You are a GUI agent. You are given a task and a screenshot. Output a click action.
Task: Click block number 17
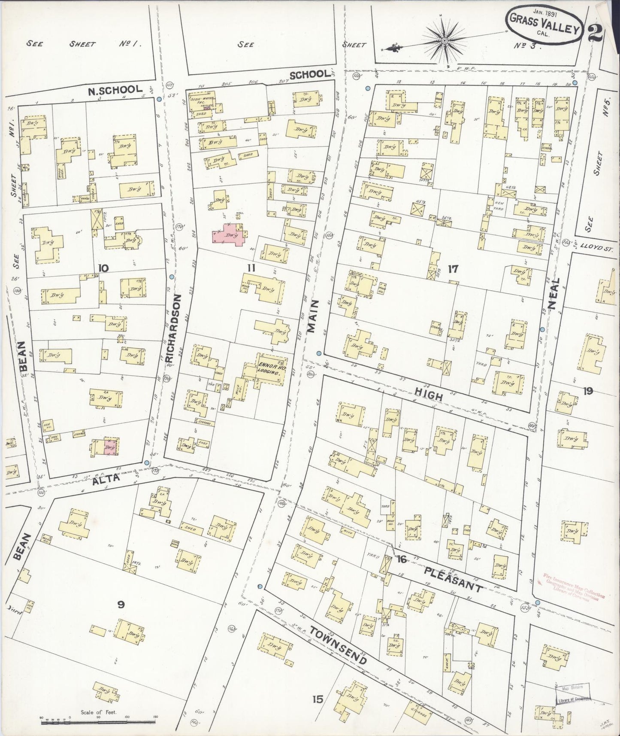453,269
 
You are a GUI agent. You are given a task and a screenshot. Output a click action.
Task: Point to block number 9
121,605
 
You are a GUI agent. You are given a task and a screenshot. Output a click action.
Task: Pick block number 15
318,700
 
